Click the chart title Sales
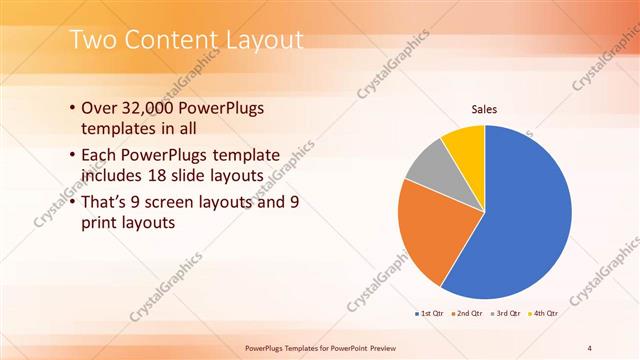[x=484, y=109]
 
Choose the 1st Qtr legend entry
[x=431, y=314]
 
